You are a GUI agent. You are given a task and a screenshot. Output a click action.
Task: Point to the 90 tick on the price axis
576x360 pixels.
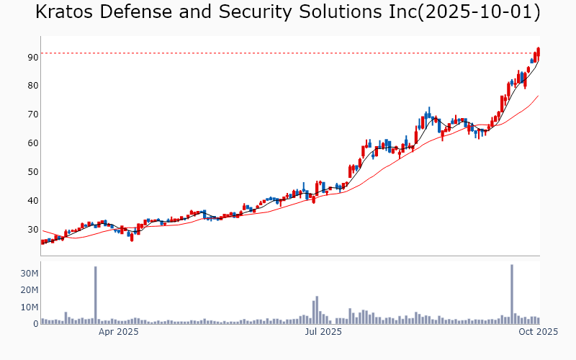click(x=33, y=57)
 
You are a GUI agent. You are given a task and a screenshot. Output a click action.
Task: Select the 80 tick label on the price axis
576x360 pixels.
click(x=33, y=86)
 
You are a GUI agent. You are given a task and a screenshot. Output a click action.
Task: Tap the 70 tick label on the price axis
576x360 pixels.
click(x=33, y=114)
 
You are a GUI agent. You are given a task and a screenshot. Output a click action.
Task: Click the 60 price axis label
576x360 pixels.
click(x=33, y=143)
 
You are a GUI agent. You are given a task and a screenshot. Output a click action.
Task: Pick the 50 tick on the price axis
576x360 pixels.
click(x=33, y=172)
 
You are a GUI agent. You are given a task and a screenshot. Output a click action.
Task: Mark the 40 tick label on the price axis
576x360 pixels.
click(x=33, y=201)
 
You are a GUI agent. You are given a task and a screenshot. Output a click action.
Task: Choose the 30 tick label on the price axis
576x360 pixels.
click(x=33, y=230)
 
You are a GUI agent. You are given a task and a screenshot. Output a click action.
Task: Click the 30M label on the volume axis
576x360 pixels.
click(x=30, y=274)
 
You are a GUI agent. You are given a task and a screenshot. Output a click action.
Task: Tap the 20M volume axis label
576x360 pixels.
click(x=30, y=290)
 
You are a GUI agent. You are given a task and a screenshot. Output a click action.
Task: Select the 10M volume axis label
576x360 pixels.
click(x=30, y=307)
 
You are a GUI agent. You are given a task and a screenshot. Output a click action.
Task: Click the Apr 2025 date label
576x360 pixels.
click(x=118, y=332)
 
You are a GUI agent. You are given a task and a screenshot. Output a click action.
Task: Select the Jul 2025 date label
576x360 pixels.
click(x=323, y=332)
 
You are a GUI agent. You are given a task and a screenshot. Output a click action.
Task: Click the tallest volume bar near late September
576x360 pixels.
click(x=512, y=295)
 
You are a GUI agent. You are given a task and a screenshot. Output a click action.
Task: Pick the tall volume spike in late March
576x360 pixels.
click(x=95, y=296)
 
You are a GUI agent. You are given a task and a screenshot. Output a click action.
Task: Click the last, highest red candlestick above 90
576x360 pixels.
click(x=539, y=53)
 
